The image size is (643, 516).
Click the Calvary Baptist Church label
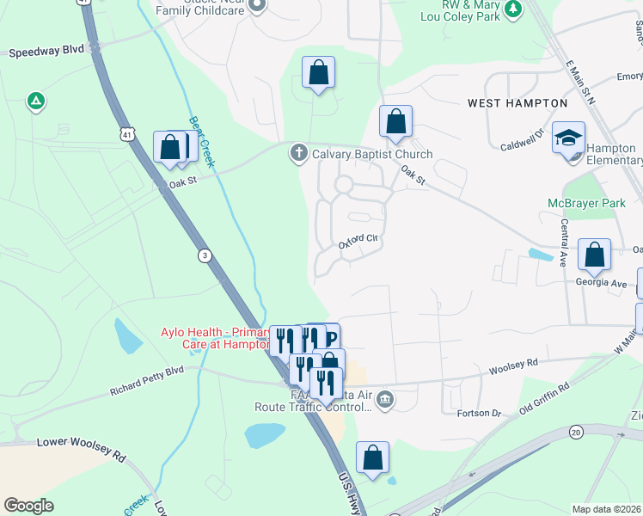pyautogui.click(x=371, y=154)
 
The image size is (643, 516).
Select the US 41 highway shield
pyautogui.click(x=127, y=134)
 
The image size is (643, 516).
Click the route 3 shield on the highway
pyautogui.click(x=204, y=255)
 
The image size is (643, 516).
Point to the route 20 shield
pyautogui.click(x=576, y=431)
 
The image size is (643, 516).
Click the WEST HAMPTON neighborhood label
pyautogui.click(x=517, y=103)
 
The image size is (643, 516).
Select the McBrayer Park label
pyautogui.click(x=588, y=204)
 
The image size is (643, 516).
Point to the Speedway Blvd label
pyautogui.click(x=46, y=52)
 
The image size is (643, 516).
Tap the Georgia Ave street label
pyautogui.click(x=601, y=282)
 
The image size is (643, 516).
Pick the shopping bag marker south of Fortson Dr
pyautogui.click(x=372, y=458)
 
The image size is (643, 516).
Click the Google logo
pyautogui.click(x=29, y=505)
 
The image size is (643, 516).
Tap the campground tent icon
pyautogui.click(x=36, y=101)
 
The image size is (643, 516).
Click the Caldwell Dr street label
pyautogui.click(x=524, y=140)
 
